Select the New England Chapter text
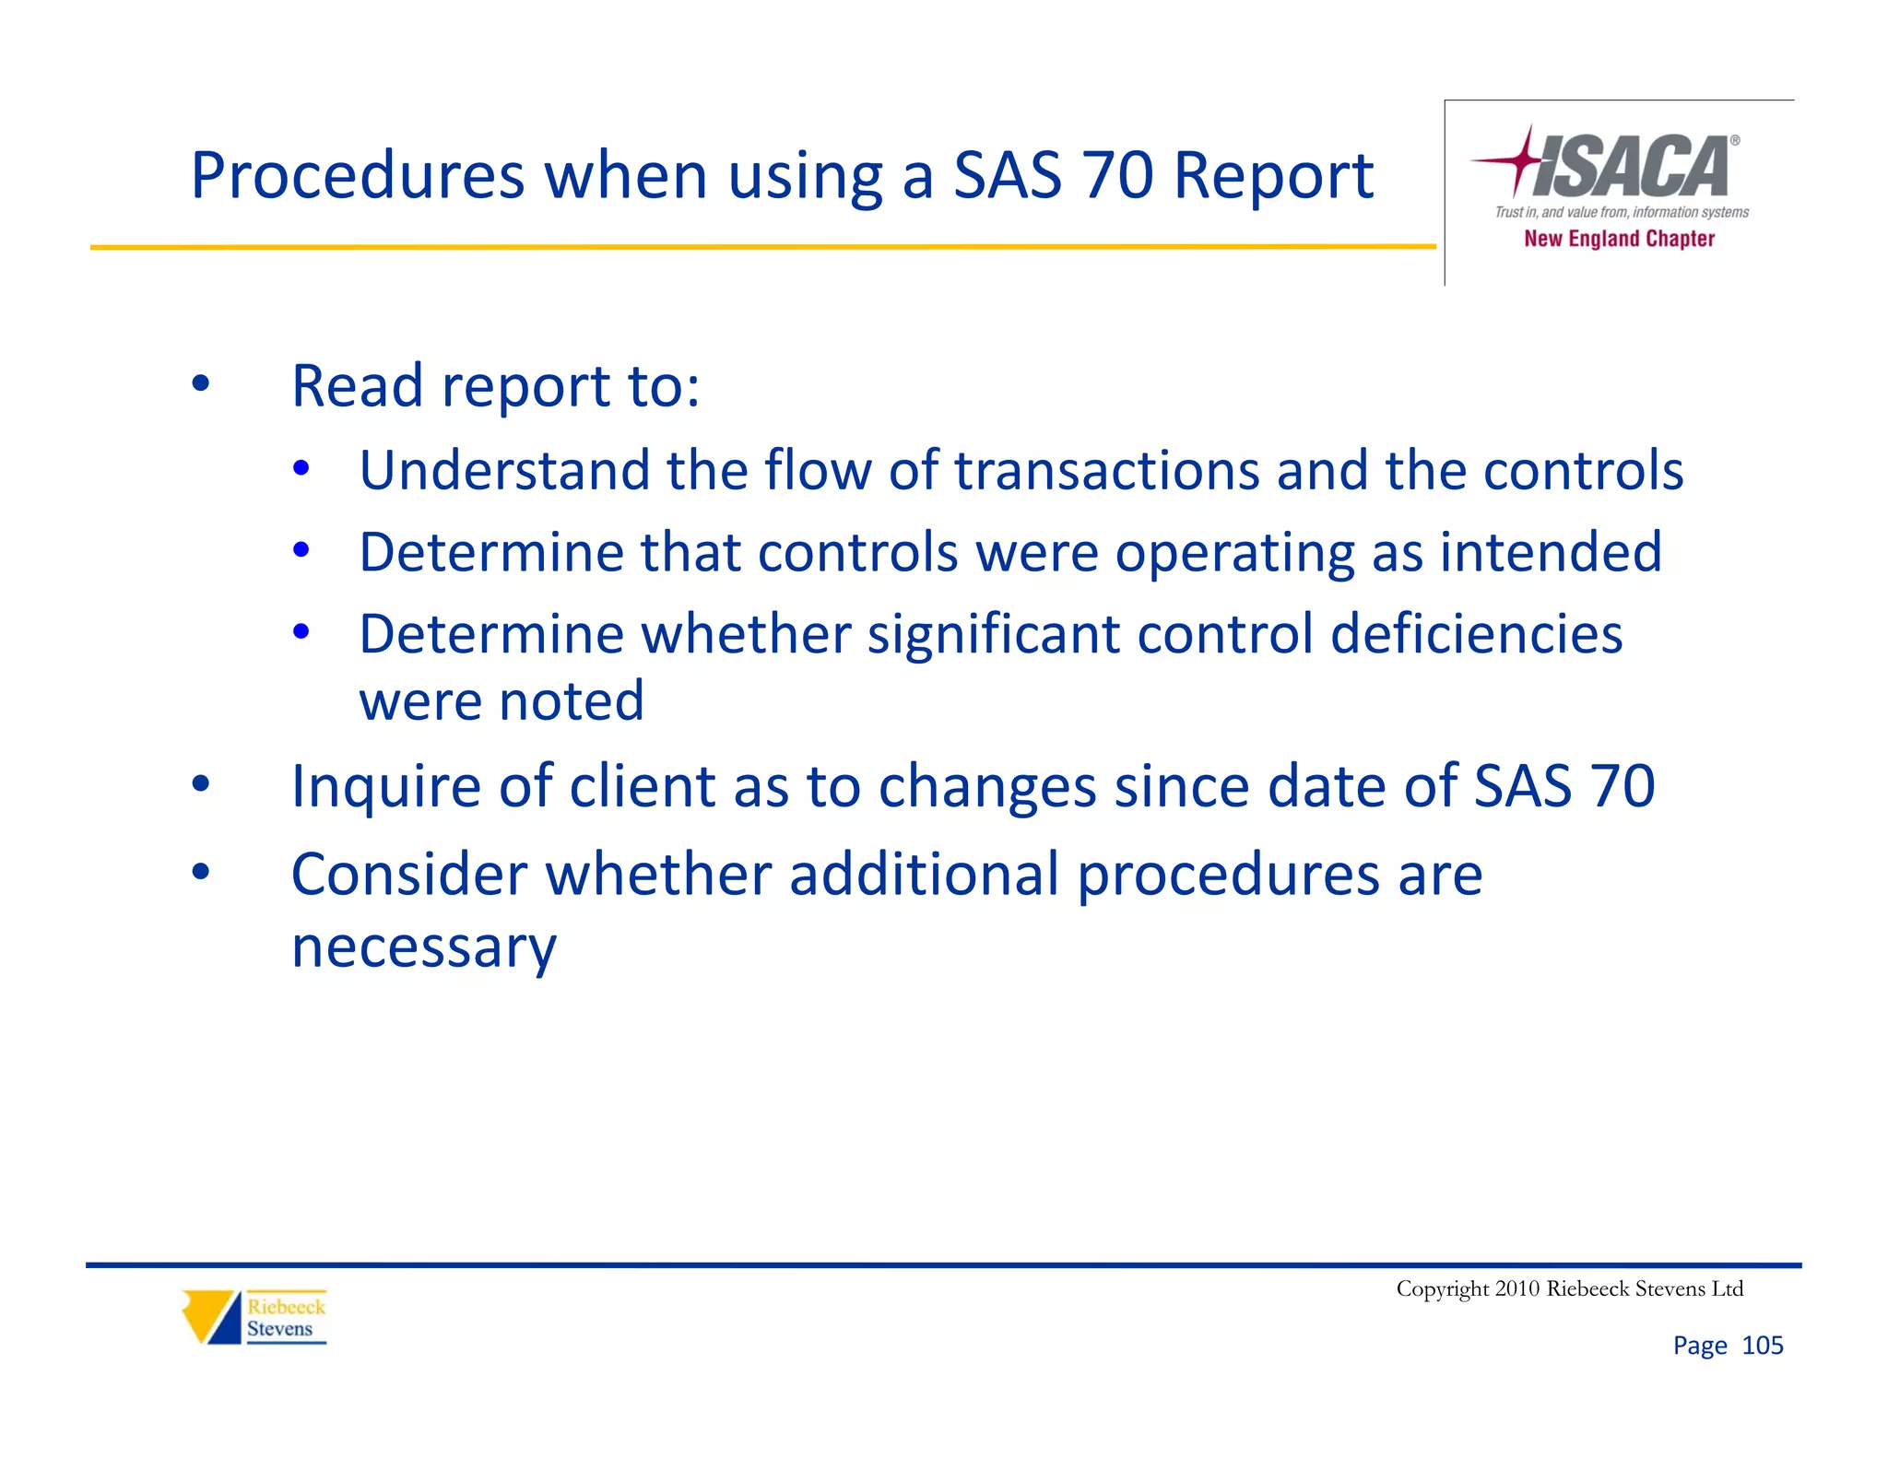pyautogui.click(x=1619, y=239)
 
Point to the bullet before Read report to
pyautogui.click(x=201, y=383)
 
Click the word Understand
pyautogui.click(x=504, y=470)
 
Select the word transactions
pyautogui.click(x=1105, y=470)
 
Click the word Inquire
pyautogui.click(x=386, y=786)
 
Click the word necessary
pyautogui.click(x=424, y=947)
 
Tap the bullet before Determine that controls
pyautogui.click(x=301, y=551)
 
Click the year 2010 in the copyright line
pyautogui.click(x=1516, y=1288)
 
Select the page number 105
pyautogui.click(x=1762, y=1346)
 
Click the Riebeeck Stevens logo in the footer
pyautogui.click(x=254, y=1316)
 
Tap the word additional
pyautogui.click(x=924, y=874)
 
